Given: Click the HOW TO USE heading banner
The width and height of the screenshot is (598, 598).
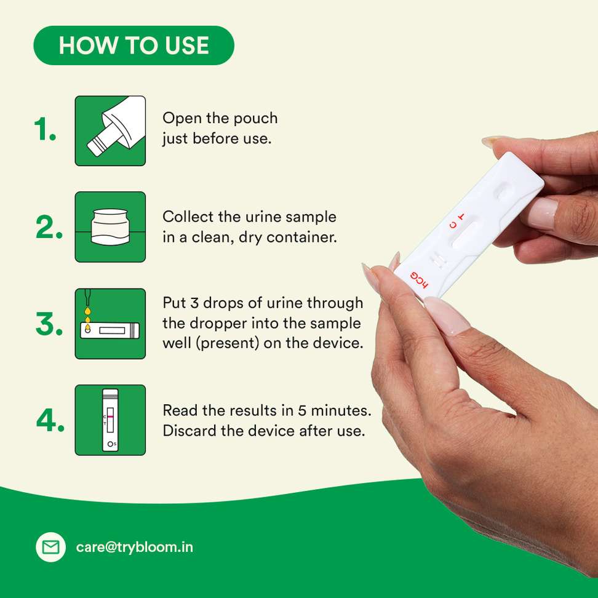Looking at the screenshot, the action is (134, 46).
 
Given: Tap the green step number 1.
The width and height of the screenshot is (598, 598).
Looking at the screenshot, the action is (45, 129).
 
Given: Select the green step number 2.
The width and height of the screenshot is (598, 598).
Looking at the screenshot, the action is (49, 227).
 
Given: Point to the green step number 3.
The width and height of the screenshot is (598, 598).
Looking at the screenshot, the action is (49, 324).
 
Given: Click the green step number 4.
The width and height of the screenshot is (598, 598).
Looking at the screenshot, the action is (50, 421).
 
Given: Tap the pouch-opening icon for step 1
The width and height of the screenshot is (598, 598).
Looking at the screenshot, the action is (110, 131).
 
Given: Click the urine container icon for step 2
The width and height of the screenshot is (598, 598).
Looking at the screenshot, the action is (110, 227).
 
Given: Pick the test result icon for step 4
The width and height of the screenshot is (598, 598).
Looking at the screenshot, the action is (110, 420).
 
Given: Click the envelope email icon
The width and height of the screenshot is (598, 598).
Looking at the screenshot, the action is (50, 547).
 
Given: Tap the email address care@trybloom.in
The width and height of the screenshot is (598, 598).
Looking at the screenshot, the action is (135, 548).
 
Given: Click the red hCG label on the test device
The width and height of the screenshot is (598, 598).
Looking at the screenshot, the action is (420, 280).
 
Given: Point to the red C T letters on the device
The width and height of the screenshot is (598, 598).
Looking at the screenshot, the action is (457, 221).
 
